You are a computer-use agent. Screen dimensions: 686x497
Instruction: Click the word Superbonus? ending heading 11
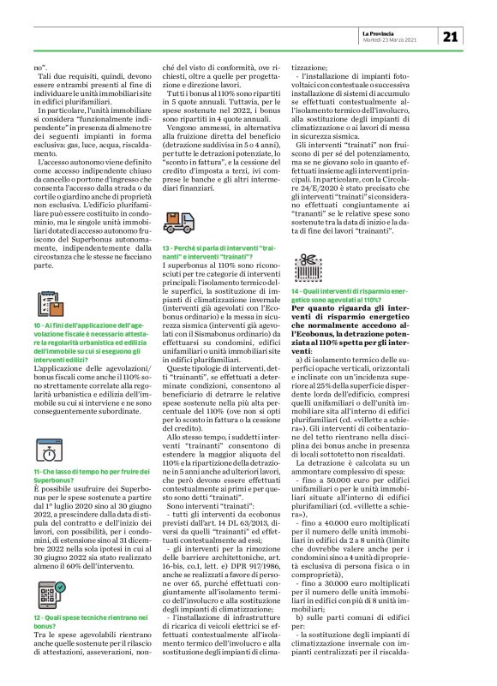(54, 481)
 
